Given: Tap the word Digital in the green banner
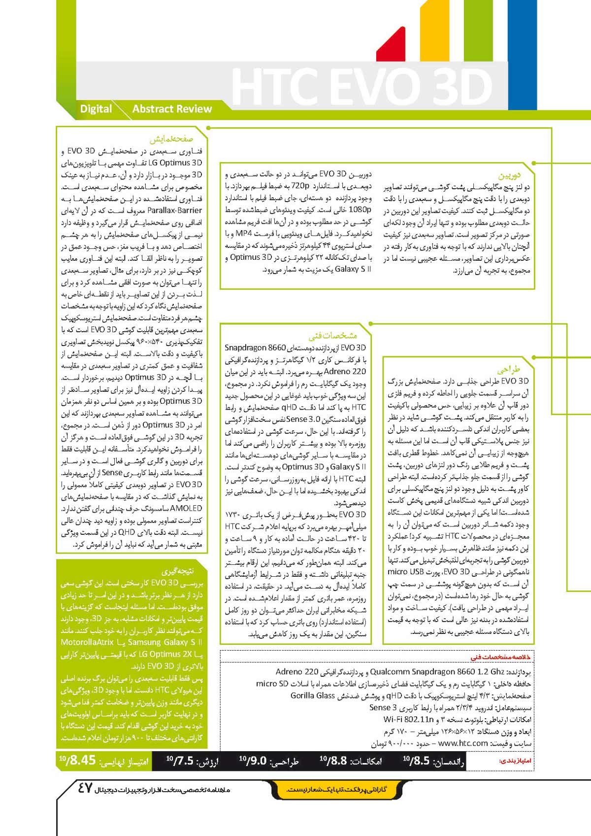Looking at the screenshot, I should click(x=96, y=109).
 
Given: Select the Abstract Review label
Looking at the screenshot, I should click(x=172, y=109).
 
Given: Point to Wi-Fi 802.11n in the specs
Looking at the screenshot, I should click(x=409, y=719).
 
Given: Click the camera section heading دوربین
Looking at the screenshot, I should click(x=509, y=175).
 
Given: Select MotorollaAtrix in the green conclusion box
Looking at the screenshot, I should click(x=92, y=642).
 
